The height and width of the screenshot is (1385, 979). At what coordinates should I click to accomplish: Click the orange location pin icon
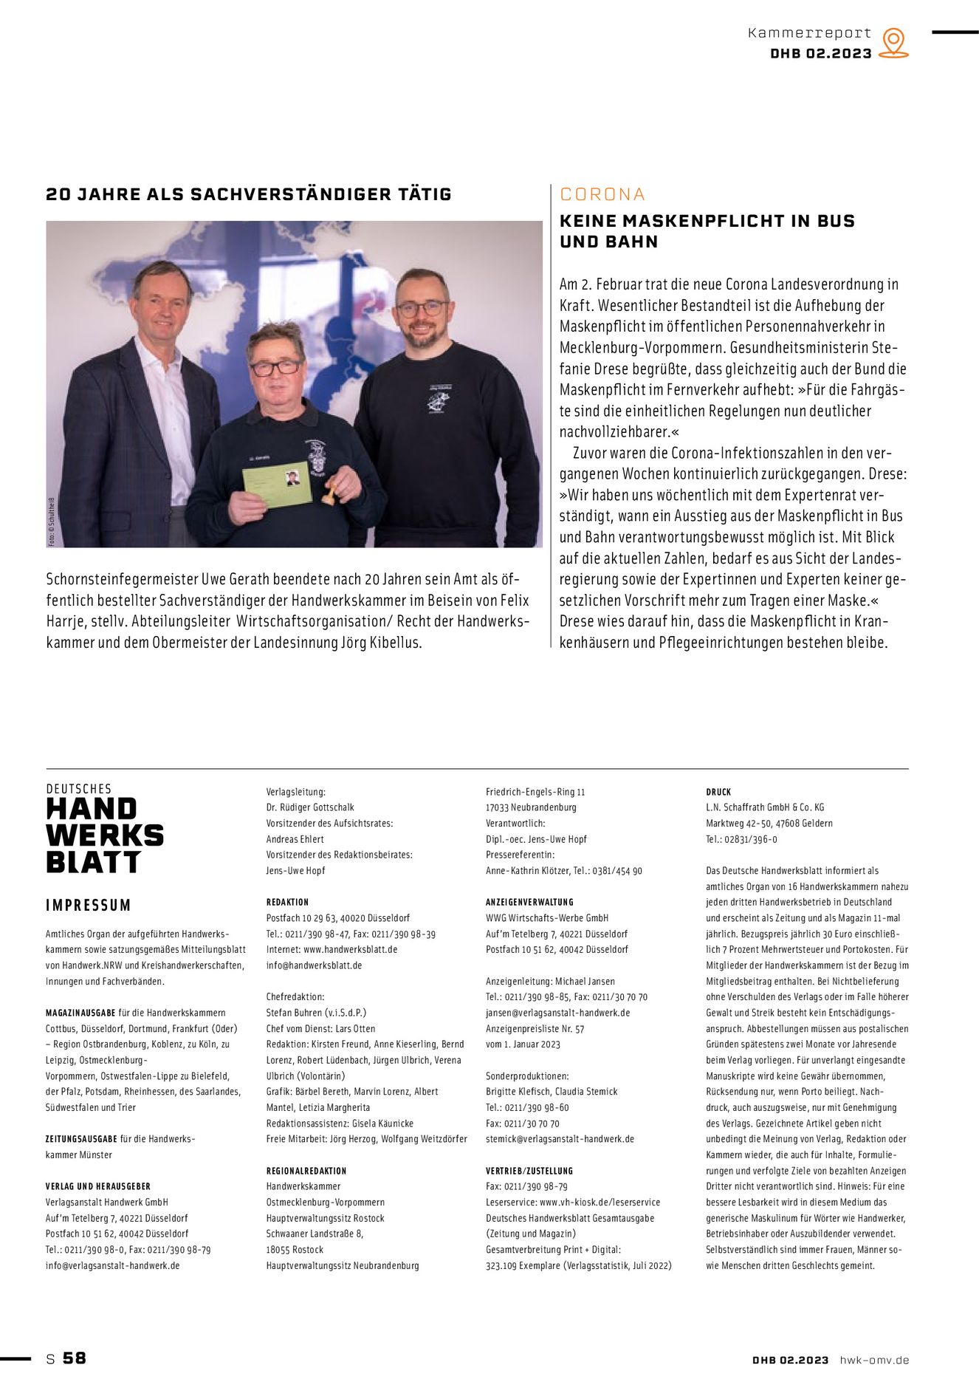point(893,42)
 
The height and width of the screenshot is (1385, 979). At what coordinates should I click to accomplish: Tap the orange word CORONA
point(602,194)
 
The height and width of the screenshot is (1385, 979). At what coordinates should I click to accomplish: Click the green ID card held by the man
point(278,485)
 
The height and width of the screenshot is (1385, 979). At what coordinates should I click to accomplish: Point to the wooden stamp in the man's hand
point(329,491)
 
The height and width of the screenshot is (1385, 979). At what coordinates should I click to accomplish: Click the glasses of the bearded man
point(421,308)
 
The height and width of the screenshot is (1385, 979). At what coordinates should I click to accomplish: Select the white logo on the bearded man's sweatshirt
point(439,398)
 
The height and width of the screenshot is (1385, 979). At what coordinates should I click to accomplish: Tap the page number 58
point(74,1358)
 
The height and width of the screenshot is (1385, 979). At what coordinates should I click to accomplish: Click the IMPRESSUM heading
point(88,905)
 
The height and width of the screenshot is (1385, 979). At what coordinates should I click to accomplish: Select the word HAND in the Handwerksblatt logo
point(92,810)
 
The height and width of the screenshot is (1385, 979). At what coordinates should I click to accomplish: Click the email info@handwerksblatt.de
point(314,965)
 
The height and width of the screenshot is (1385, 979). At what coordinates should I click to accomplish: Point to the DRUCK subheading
point(718,792)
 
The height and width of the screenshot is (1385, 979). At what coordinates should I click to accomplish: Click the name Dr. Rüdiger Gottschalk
point(310,807)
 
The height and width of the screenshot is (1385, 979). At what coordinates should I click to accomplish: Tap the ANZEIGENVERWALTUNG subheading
point(529,902)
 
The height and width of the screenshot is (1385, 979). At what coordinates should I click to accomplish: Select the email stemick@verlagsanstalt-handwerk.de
point(560,1139)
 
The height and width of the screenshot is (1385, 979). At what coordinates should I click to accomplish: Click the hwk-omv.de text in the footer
point(874,1360)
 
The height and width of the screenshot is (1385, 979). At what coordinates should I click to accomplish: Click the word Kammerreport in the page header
point(809,33)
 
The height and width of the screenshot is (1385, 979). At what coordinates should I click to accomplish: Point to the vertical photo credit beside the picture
point(52,521)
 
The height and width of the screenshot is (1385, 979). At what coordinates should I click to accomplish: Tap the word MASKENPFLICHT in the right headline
point(707,221)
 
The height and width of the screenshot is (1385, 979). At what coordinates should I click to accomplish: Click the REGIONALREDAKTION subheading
point(306,1171)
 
